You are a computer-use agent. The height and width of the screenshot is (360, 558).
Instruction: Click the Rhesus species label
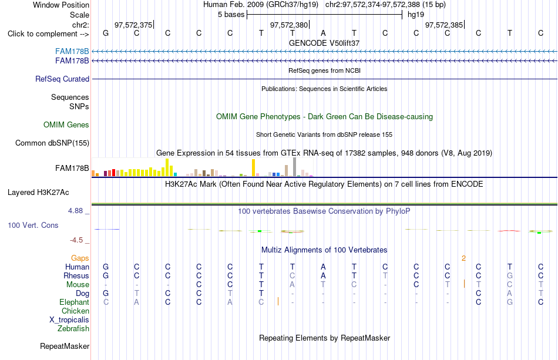(x=76, y=275)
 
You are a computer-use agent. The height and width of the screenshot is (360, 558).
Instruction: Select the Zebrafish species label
(x=73, y=329)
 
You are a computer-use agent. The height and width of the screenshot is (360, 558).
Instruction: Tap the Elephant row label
(x=74, y=302)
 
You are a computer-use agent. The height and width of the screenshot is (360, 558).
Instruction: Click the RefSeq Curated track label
(x=62, y=79)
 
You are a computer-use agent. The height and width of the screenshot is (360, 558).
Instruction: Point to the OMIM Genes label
(x=66, y=125)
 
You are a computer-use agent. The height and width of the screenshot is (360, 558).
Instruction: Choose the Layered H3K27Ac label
(x=38, y=193)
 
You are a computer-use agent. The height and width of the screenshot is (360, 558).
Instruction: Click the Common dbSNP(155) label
(x=52, y=143)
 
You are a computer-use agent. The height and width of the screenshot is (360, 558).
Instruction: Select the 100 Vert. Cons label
(x=33, y=225)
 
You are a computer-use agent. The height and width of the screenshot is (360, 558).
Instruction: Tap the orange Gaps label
(x=80, y=258)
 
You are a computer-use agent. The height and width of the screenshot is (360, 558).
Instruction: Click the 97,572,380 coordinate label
(x=289, y=25)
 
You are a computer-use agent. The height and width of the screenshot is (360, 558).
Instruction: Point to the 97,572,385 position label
(x=444, y=25)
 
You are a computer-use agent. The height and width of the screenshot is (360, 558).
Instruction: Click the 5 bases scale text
(x=231, y=15)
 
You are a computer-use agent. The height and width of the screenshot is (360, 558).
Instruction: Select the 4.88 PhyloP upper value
(x=75, y=211)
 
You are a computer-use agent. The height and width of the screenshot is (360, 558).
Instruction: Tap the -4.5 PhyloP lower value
(x=76, y=240)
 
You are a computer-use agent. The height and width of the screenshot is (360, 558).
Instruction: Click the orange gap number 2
(x=463, y=258)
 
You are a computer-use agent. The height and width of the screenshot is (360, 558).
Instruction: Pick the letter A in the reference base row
(x=323, y=33)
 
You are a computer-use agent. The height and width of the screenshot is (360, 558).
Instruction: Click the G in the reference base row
(x=106, y=33)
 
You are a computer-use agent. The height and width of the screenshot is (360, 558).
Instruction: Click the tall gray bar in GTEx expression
(x=295, y=167)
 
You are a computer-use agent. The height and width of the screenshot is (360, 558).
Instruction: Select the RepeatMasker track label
(x=65, y=346)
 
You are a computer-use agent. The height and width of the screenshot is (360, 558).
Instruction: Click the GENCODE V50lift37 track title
(x=324, y=43)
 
